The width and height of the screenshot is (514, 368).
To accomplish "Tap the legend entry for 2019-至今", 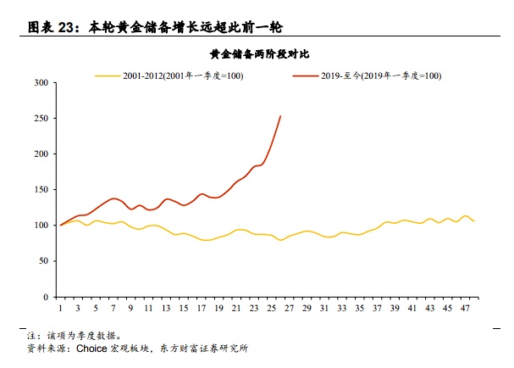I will tap(381, 75).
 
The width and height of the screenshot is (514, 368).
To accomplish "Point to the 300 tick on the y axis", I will tap(41, 83).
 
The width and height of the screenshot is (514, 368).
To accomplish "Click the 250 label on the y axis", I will tap(41, 119).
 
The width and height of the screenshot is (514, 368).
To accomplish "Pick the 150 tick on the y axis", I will tap(41, 190).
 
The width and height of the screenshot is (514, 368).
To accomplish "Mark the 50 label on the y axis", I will tap(42, 261).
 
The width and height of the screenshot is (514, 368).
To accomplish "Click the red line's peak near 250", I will tap(280, 117).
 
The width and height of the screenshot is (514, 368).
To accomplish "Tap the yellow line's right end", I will tap(473, 221).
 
